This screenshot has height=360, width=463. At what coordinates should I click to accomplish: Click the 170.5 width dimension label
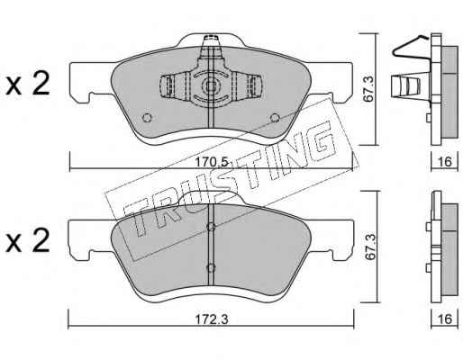(212, 162)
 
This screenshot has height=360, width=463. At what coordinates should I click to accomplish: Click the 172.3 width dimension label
(212, 319)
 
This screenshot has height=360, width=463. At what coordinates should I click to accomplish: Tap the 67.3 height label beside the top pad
(368, 89)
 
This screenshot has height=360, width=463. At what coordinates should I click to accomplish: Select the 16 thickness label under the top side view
(445, 162)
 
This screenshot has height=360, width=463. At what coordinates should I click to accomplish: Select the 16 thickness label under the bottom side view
(445, 319)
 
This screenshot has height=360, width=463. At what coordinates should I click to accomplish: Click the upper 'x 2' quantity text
(28, 84)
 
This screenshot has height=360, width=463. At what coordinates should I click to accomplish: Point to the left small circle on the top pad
(147, 118)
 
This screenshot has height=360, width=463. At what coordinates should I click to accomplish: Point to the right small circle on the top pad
(275, 118)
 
